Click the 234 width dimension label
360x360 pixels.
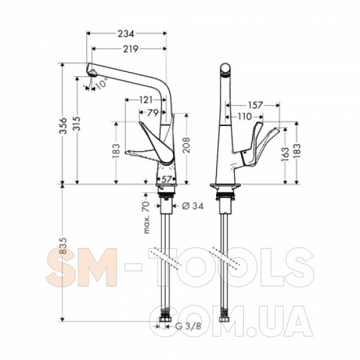click(x=125, y=34)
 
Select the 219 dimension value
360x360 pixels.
click(x=130, y=49)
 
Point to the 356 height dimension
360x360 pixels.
click(x=62, y=125)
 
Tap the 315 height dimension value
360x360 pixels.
click(x=77, y=124)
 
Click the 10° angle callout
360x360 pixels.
click(x=101, y=83)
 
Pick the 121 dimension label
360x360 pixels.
click(x=146, y=100)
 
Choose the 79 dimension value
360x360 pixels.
click(x=152, y=113)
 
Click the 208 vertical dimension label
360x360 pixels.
click(x=186, y=145)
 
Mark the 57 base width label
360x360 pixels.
click(x=167, y=179)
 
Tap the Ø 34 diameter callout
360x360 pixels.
click(x=193, y=206)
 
